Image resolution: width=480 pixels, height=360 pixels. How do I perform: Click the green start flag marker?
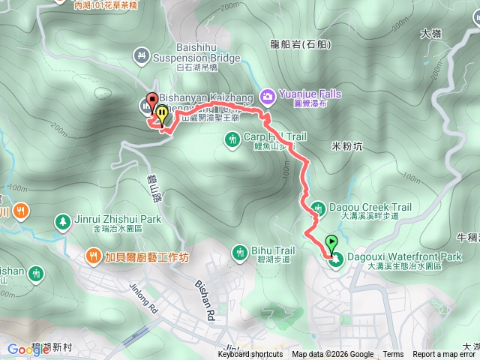tap(331, 243)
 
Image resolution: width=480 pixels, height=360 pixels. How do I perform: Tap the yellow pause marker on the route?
tap(161, 115)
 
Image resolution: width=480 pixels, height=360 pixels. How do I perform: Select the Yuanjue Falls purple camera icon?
tap(267, 94)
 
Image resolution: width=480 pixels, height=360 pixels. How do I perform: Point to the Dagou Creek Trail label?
tap(361, 207)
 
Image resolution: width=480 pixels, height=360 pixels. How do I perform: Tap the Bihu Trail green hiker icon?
tap(240, 251)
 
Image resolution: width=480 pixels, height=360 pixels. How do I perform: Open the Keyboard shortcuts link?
tap(250, 355)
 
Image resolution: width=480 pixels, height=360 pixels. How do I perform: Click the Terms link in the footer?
tap(393, 355)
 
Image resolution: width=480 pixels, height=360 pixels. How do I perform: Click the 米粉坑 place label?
tap(346, 146)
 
